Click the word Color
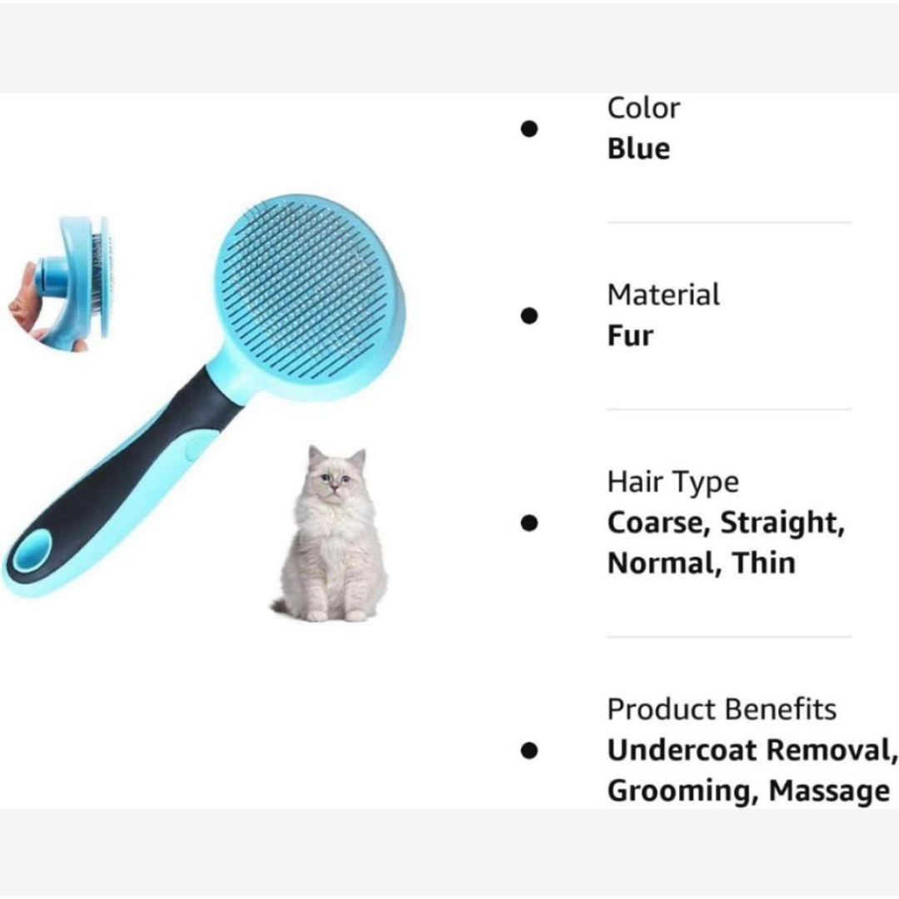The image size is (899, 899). click(x=643, y=108)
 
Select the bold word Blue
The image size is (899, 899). click(x=638, y=148)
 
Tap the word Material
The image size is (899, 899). click(x=663, y=296)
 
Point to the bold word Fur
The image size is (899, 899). click(x=630, y=335)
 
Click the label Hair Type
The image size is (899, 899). click(x=673, y=483)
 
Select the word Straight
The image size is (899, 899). click(x=782, y=523)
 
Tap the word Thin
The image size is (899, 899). click(x=763, y=563)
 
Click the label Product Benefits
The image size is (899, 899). click(x=722, y=709)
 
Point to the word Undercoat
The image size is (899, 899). click(x=682, y=750)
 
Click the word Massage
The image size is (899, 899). click(x=829, y=792)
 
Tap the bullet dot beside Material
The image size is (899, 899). click(x=529, y=316)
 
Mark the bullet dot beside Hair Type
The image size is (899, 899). click(x=529, y=523)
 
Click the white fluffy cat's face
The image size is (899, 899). click(x=335, y=477)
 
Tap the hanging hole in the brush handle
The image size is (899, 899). click(x=32, y=551)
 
